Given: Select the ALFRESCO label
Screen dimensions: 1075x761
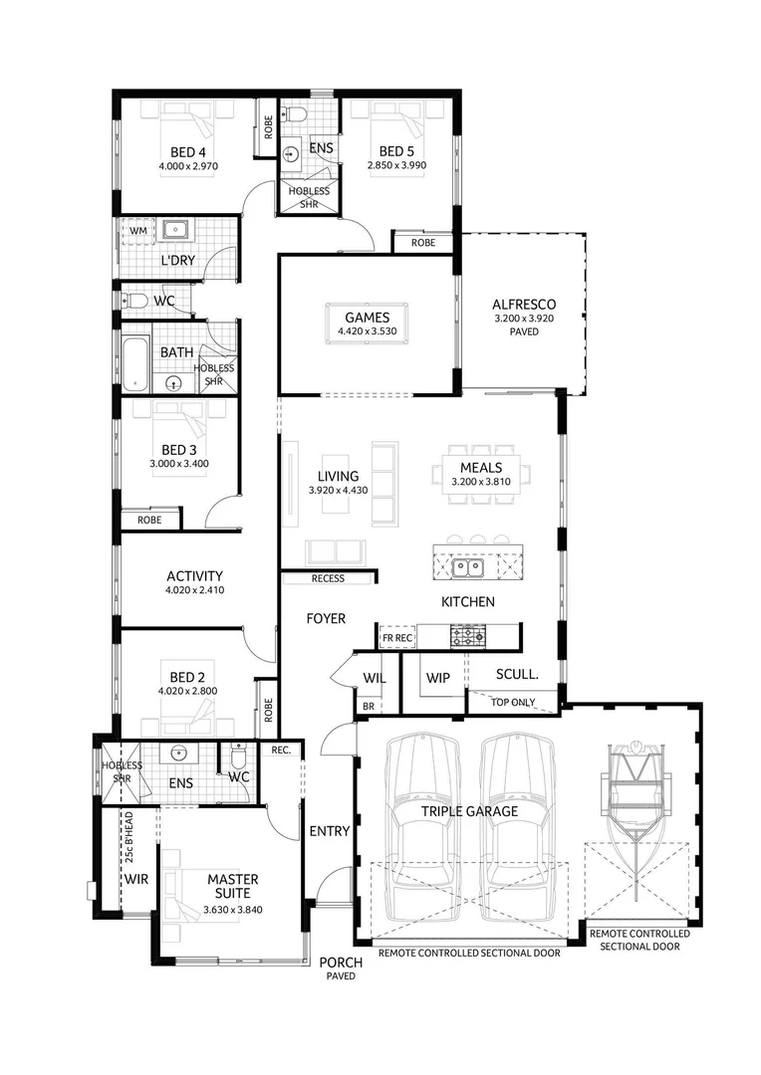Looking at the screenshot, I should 523,305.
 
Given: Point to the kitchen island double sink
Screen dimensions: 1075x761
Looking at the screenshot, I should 466,567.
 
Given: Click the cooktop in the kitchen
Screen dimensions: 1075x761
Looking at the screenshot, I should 467,634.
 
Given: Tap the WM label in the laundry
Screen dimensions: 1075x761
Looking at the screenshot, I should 137,231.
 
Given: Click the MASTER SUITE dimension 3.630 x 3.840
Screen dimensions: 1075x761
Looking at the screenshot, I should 232,910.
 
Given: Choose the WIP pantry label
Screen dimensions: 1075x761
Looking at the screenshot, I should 437,678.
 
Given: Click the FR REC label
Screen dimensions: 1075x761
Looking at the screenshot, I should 396,638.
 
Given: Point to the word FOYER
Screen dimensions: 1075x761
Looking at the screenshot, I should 326,619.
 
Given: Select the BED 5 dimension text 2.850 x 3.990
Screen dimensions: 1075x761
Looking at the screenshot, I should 396,165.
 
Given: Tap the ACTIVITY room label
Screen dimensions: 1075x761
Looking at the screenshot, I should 194,575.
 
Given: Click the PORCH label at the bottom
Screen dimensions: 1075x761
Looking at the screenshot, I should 337,963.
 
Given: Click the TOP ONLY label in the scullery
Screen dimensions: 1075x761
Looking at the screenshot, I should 514,702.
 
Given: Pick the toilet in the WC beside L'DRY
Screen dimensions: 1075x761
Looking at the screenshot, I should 136,301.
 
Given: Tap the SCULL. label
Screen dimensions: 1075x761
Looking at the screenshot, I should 517,674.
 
